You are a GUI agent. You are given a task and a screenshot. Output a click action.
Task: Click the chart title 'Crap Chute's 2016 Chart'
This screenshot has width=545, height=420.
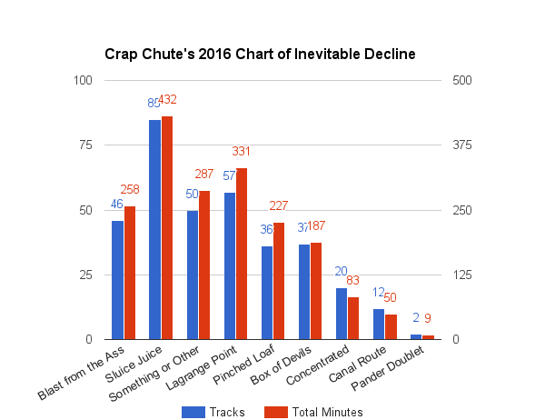pos(259,55)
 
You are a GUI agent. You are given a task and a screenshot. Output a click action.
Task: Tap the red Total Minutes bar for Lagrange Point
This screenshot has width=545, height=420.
pos(242,254)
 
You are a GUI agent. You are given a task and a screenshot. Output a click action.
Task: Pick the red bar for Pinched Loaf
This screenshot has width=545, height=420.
pos(279,281)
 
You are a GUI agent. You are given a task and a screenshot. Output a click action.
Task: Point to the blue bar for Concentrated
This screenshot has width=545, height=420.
pos(342,314)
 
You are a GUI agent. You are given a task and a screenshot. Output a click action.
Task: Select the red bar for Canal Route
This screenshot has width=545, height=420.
pos(391,326)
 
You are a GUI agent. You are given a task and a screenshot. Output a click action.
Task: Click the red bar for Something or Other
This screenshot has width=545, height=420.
pos(204,265)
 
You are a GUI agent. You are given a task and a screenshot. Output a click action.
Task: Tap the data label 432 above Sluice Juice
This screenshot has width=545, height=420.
pos(167,99)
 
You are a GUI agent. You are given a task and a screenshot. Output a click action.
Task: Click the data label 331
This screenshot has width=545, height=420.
pos(242,151)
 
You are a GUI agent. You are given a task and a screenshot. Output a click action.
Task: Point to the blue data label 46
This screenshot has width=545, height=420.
pos(117,205)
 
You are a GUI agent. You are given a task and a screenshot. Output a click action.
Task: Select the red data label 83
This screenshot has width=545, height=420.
pos(353,281)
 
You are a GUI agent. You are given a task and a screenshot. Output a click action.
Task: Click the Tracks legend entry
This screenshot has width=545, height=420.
pos(214,412)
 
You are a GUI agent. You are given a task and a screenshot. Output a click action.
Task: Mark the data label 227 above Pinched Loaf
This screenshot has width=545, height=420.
pos(279,206)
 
